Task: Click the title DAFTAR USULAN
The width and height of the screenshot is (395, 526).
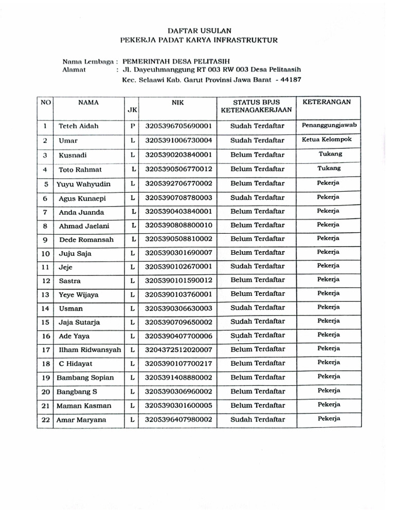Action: tap(198, 31)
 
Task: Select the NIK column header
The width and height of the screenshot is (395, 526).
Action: tap(177, 102)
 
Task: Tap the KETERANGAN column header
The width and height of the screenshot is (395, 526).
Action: tap(327, 102)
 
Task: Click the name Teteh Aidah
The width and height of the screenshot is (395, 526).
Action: tap(78, 126)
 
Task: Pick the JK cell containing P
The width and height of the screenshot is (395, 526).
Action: tap(132, 126)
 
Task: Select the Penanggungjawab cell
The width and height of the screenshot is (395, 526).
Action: tap(329, 125)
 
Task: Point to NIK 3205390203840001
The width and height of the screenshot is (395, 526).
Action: tap(178, 154)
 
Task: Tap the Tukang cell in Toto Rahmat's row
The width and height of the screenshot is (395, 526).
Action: tap(330, 168)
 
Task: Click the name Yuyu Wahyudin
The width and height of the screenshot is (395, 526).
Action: tap(84, 184)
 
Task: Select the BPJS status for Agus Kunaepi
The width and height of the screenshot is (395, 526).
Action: tap(257, 197)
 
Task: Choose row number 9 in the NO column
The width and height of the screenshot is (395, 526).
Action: tap(45, 240)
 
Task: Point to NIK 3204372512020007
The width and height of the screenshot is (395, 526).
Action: tap(178, 349)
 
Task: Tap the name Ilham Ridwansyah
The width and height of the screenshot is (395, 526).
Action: tap(89, 349)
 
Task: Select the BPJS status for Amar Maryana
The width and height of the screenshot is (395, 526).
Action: tap(257, 420)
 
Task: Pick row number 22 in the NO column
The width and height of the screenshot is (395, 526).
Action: tap(45, 420)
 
